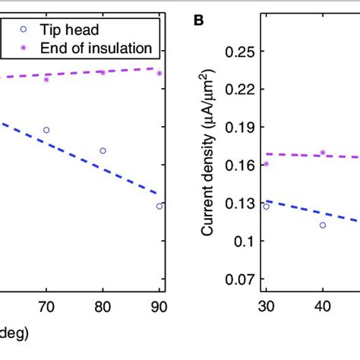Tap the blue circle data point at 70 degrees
(x=46, y=130)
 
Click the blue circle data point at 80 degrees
(x=103, y=150)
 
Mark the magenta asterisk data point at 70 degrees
(x=46, y=79)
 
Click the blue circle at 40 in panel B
(x=322, y=225)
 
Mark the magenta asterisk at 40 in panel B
(x=322, y=153)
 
